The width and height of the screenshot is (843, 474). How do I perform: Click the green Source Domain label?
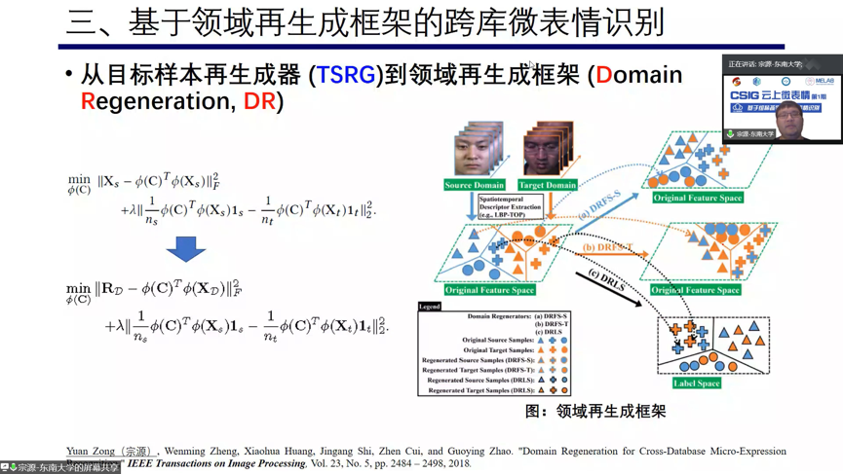[475, 185]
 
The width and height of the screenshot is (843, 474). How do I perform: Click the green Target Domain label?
[548, 185]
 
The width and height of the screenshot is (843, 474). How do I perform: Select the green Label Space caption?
[696, 383]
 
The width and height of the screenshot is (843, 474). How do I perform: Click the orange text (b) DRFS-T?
[608, 248]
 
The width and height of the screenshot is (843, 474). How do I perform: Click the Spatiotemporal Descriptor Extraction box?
[510, 206]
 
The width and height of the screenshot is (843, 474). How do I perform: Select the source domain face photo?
[478, 151]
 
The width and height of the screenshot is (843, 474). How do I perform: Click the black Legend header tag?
[430, 307]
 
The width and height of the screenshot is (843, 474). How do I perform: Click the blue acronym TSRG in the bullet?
[345, 75]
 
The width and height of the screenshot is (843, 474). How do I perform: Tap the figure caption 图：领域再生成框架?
[595, 412]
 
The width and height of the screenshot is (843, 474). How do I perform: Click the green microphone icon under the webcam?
[730, 134]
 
